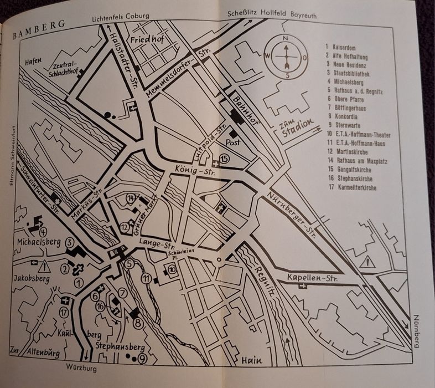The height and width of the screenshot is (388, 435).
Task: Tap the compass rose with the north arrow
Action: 286,56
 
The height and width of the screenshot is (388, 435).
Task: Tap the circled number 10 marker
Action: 172,269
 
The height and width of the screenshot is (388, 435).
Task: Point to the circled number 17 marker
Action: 65,313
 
